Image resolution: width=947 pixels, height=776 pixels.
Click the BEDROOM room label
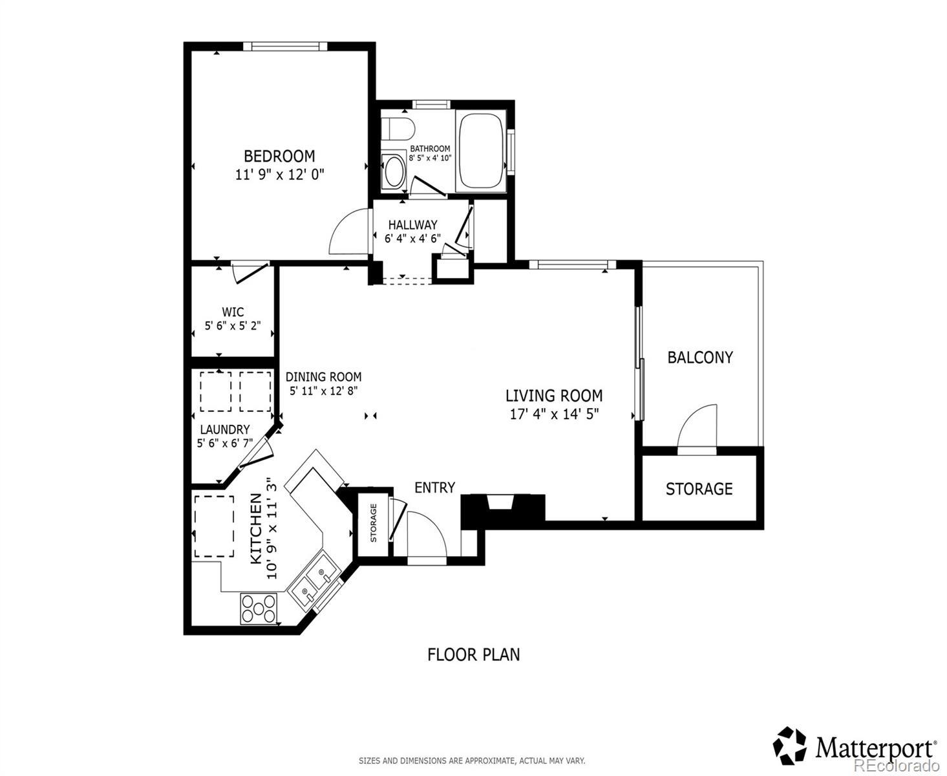pos(279,156)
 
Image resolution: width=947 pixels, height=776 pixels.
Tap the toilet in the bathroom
pos(397,129)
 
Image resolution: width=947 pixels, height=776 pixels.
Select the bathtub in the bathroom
pos(481,151)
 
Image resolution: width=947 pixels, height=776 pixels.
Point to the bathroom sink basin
pos(394,171)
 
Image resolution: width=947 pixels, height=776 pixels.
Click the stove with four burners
pos(258,609)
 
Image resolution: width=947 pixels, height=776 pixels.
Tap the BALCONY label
pos(700,358)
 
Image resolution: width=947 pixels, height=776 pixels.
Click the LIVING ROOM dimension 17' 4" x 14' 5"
pos(554,414)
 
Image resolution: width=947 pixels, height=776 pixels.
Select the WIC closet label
pos(233,312)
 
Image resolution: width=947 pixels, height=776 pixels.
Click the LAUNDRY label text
pos(225,429)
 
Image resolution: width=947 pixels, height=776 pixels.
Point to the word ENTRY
pos(434,488)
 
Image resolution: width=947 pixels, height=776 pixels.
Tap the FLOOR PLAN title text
pos(474,654)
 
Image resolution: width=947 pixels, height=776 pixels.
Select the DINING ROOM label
pos(323,376)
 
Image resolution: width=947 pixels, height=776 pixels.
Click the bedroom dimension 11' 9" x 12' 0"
pos(280,175)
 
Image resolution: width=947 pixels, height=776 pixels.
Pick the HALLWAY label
pos(412,224)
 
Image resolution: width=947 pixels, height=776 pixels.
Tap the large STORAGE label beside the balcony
pos(699,489)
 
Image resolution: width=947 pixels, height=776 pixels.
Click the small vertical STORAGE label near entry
pos(373,523)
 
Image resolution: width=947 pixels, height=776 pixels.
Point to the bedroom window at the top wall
pos(285,47)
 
